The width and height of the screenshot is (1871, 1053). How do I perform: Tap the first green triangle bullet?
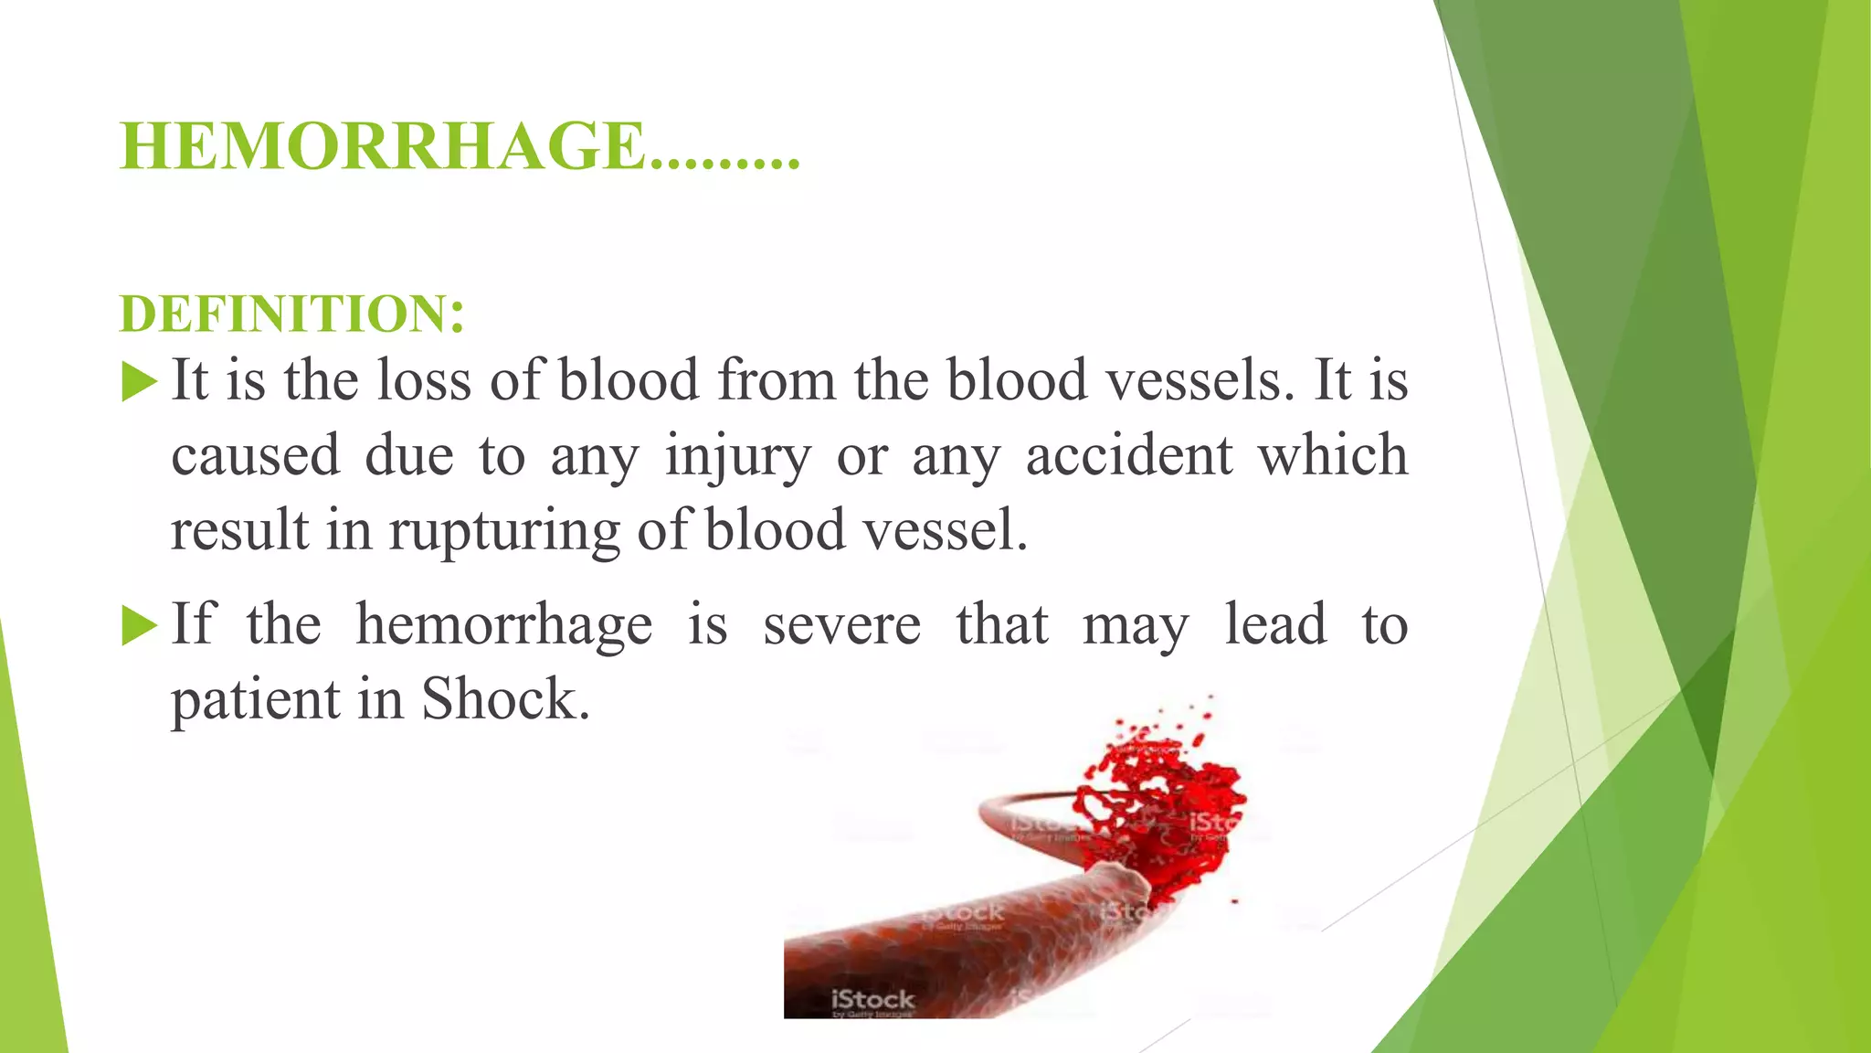[x=139, y=382]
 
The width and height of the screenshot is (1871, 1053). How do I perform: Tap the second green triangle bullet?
[x=139, y=627]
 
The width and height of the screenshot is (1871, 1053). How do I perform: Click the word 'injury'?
[x=737, y=455]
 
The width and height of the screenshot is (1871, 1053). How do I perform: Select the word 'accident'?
[x=1129, y=455]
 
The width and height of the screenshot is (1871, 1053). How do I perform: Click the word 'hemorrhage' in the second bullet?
[x=503, y=624]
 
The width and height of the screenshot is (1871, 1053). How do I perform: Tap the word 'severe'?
[x=841, y=624]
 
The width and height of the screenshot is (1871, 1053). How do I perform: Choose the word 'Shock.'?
[x=505, y=700]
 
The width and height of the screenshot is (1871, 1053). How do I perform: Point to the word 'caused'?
[x=256, y=455]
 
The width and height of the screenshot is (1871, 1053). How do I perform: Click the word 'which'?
[x=1333, y=455]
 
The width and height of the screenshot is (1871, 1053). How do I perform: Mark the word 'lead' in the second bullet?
[x=1275, y=624]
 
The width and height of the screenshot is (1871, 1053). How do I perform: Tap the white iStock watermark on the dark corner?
[x=872, y=999]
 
